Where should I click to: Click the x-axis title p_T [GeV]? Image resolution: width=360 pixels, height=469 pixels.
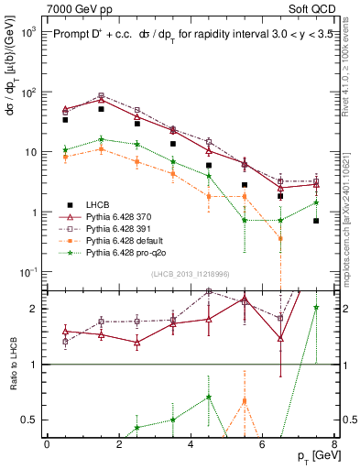309,456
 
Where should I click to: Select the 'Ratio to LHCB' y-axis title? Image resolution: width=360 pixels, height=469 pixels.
11,366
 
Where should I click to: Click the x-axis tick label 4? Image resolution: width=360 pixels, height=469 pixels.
191,444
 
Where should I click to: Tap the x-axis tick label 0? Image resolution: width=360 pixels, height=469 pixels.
47,444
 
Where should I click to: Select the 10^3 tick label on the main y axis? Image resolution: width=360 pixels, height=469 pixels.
26,32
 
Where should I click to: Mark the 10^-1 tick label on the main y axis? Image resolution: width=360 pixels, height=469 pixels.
26,272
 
